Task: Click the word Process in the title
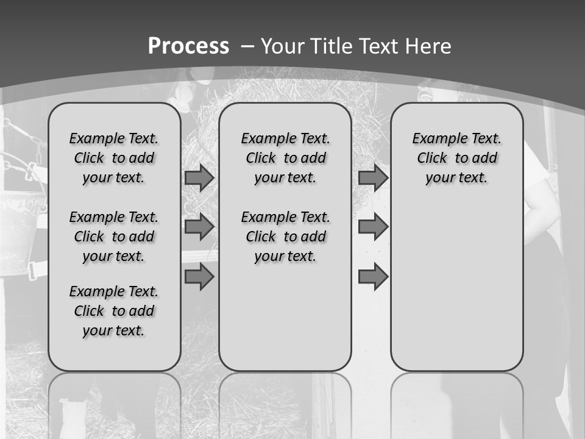(x=188, y=46)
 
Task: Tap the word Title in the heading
(x=329, y=46)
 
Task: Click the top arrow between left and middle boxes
(x=199, y=178)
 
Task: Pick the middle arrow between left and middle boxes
(x=199, y=227)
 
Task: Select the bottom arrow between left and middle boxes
(x=199, y=277)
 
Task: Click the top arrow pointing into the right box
(x=373, y=178)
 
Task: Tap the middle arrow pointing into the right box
(x=373, y=227)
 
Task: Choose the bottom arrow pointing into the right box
(x=373, y=277)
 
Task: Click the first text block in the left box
(x=114, y=158)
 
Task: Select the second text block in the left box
(x=114, y=237)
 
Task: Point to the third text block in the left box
(x=114, y=311)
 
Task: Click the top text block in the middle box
(x=285, y=158)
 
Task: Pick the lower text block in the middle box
(x=285, y=237)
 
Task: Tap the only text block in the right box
(x=456, y=158)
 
